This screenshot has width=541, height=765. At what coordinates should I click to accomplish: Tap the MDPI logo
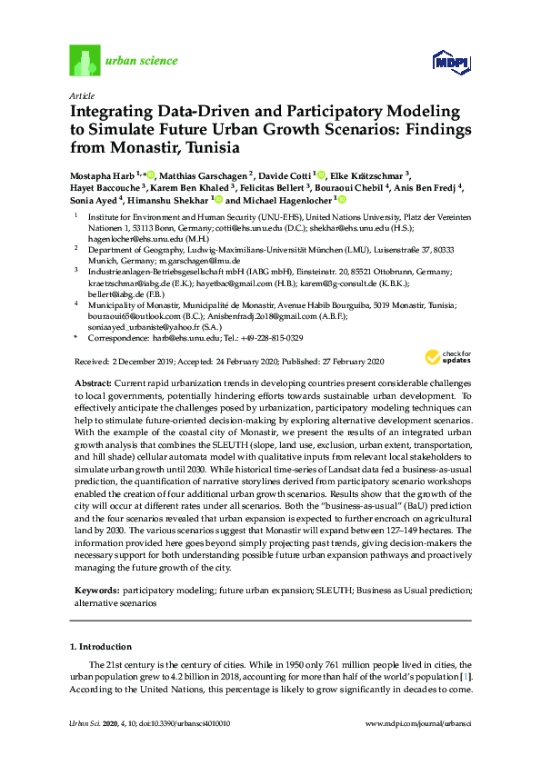(x=450, y=63)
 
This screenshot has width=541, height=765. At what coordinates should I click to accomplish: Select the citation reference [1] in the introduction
(x=466, y=678)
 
